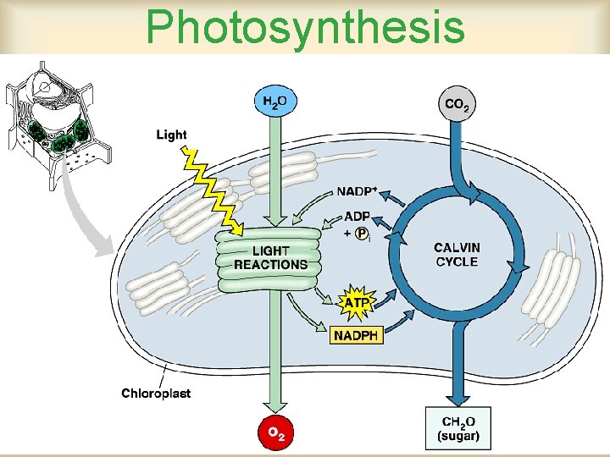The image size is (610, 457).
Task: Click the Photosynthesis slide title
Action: click(x=305, y=26)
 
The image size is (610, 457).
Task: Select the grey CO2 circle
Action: click(x=456, y=104)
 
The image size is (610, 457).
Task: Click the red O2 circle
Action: click(x=275, y=433)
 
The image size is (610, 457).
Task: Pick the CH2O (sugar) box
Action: click(x=457, y=430)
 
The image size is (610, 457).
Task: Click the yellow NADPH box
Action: click(x=357, y=335)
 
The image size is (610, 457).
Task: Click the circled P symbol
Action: click(x=363, y=234)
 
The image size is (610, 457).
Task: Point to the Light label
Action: click(x=171, y=135)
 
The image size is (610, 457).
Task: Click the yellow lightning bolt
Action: click(x=212, y=190)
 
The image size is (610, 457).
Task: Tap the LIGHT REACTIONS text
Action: click(x=270, y=257)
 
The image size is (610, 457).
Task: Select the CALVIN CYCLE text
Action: click(x=457, y=254)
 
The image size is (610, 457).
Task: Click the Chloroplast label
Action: click(x=156, y=393)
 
